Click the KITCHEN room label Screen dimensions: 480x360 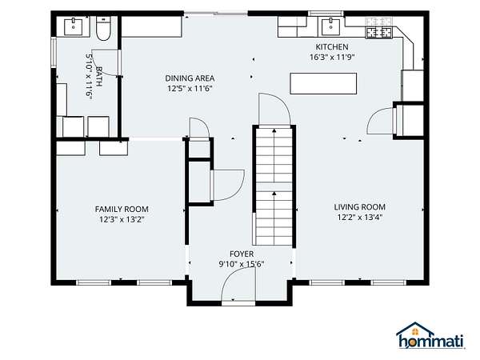click(x=332, y=47)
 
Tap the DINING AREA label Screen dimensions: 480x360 click(x=190, y=78)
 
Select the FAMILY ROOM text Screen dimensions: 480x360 click(x=122, y=210)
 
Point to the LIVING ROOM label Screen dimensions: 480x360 click(x=360, y=207)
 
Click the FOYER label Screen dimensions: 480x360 click(x=242, y=254)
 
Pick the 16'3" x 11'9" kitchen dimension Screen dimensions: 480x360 click(x=332, y=58)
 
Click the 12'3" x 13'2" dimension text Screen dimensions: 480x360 click(x=122, y=219)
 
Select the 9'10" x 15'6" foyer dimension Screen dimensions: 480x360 click(x=242, y=264)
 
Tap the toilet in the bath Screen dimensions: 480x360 click(x=103, y=28)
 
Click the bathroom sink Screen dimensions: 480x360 click(x=74, y=27)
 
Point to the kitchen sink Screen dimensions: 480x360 click(x=330, y=27)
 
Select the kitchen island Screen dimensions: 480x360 click(x=323, y=83)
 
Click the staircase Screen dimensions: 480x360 click(x=274, y=186)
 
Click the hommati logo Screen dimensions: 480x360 click(x=431, y=336)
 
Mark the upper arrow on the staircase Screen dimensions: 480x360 click(x=274, y=130)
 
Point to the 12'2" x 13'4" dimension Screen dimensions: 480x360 click(x=360, y=218)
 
